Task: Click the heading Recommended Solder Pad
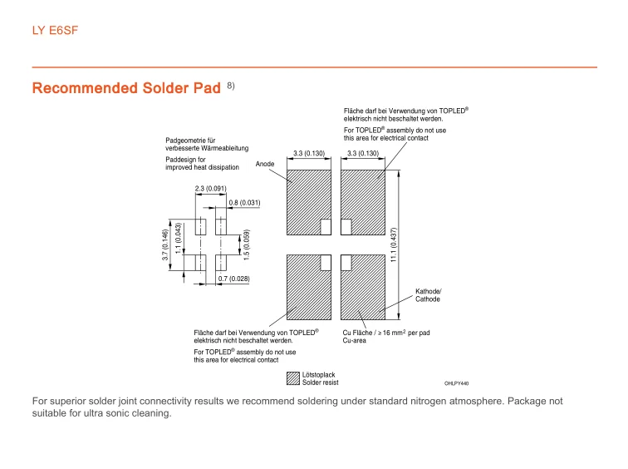pos(125,88)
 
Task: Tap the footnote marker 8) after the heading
pos(230,86)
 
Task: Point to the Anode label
pos(265,164)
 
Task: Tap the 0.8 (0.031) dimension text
pos(244,203)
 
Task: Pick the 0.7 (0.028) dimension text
pos(233,278)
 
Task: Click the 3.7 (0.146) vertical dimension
pos(165,246)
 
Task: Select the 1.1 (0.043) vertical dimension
pos(179,237)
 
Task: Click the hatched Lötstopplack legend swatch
pos(292,378)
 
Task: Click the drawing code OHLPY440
pos(456,383)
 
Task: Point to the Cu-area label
pos(355,340)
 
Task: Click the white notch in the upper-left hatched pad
pos(326,225)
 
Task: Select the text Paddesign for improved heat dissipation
pos(202,163)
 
